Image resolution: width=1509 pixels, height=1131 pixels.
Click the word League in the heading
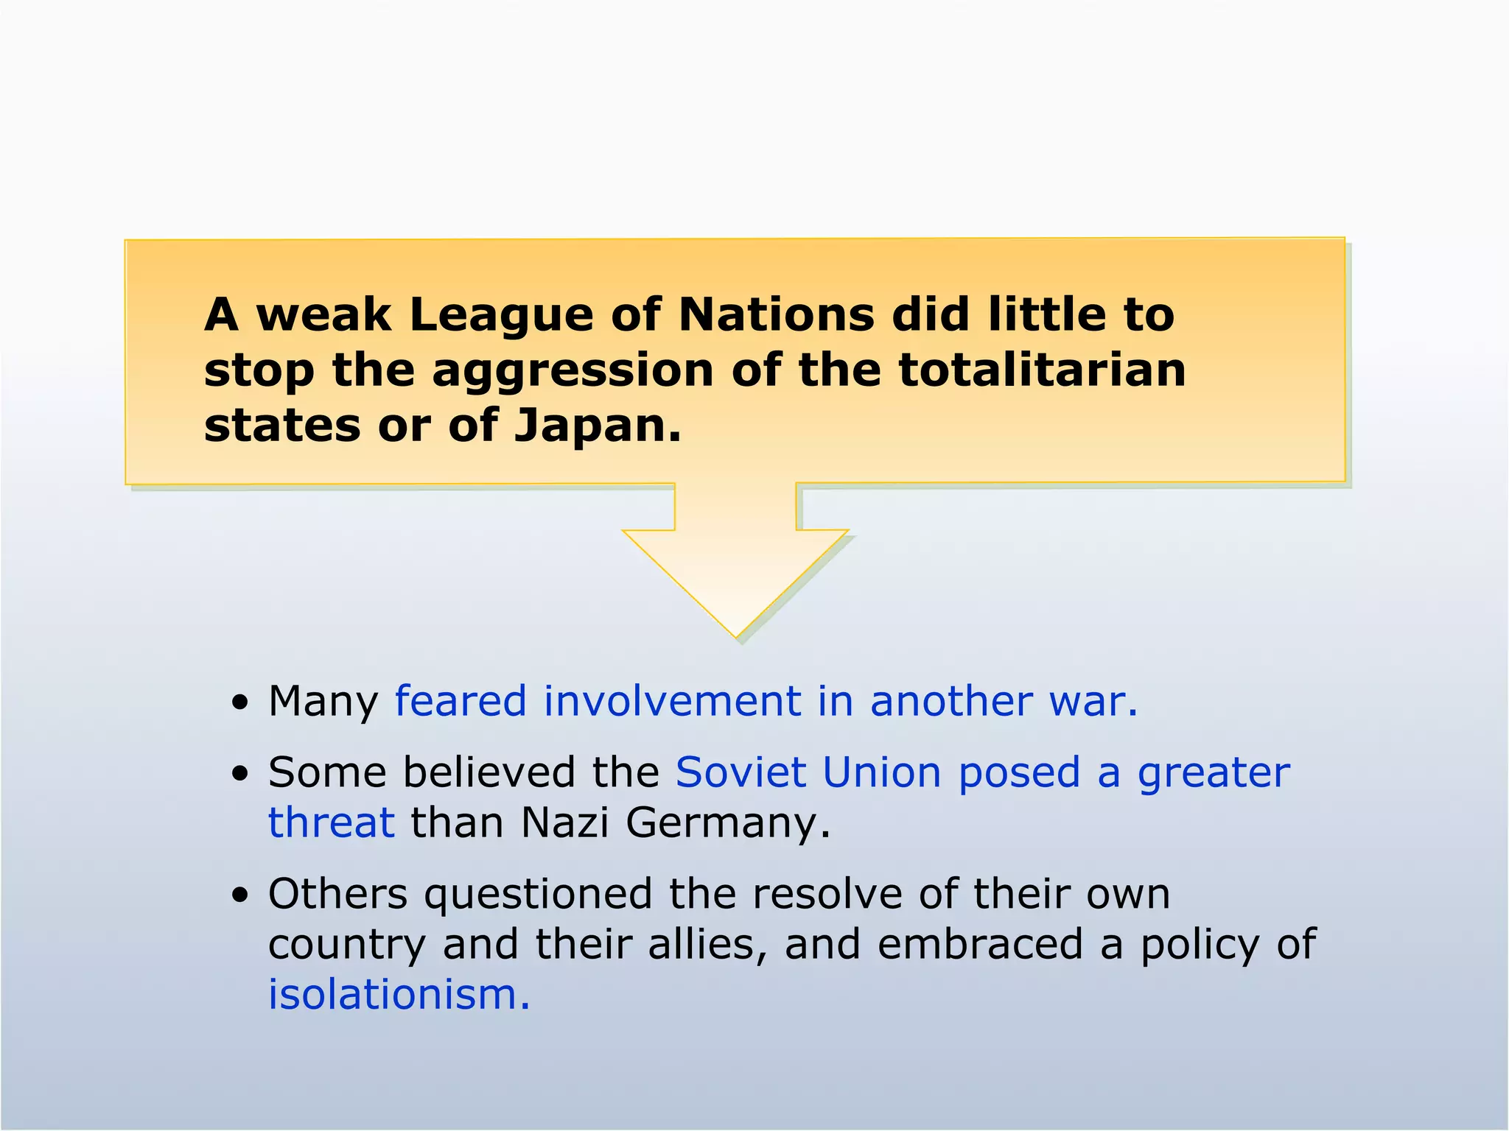pos(500,315)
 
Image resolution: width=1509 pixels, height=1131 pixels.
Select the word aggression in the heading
pos(572,370)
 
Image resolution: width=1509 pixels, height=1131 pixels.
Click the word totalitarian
pos(1042,370)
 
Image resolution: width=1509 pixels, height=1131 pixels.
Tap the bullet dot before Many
pos(239,703)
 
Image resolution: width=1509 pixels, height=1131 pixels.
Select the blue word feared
pos(461,700)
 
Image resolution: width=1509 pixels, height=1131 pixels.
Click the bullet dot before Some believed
pos(239,775)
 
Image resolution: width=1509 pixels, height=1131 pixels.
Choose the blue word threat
pos(331,822)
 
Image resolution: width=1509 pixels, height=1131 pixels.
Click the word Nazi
pos(564,822)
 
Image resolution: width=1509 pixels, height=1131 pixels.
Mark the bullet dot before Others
pos(239,896)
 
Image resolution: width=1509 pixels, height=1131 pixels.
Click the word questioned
pos(537,895)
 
